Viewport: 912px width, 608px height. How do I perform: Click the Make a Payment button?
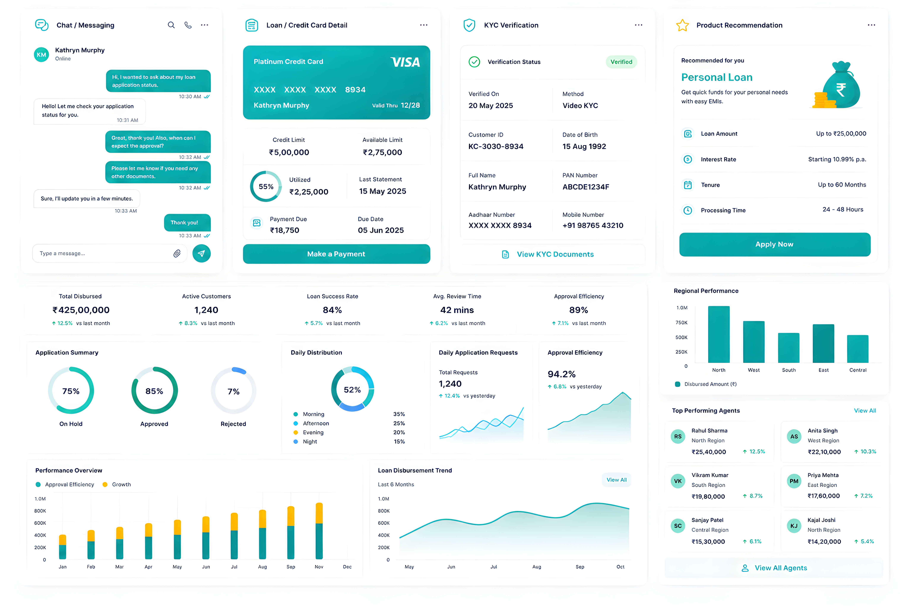click(x=336, y=254)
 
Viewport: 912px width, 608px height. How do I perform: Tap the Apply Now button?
click(x=774, y=244)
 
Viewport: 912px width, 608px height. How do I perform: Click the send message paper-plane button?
click(x=201, y=254)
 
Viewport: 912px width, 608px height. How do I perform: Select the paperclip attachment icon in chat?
click(x=177, y=254)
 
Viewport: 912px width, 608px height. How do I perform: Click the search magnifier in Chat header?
click(x=171, y=25)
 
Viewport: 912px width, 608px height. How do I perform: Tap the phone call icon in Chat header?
click(x=188, y=25)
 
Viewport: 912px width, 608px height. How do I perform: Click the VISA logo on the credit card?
click(x=405, y=62)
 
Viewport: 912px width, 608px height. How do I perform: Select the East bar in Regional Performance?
click(x=823, y=343)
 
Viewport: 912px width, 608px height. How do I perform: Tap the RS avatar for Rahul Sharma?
click(x=678, y=437)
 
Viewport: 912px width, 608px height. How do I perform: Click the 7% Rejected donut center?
click(x=233, y=391)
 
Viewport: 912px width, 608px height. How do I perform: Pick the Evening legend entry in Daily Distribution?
click(x=309, y=432)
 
